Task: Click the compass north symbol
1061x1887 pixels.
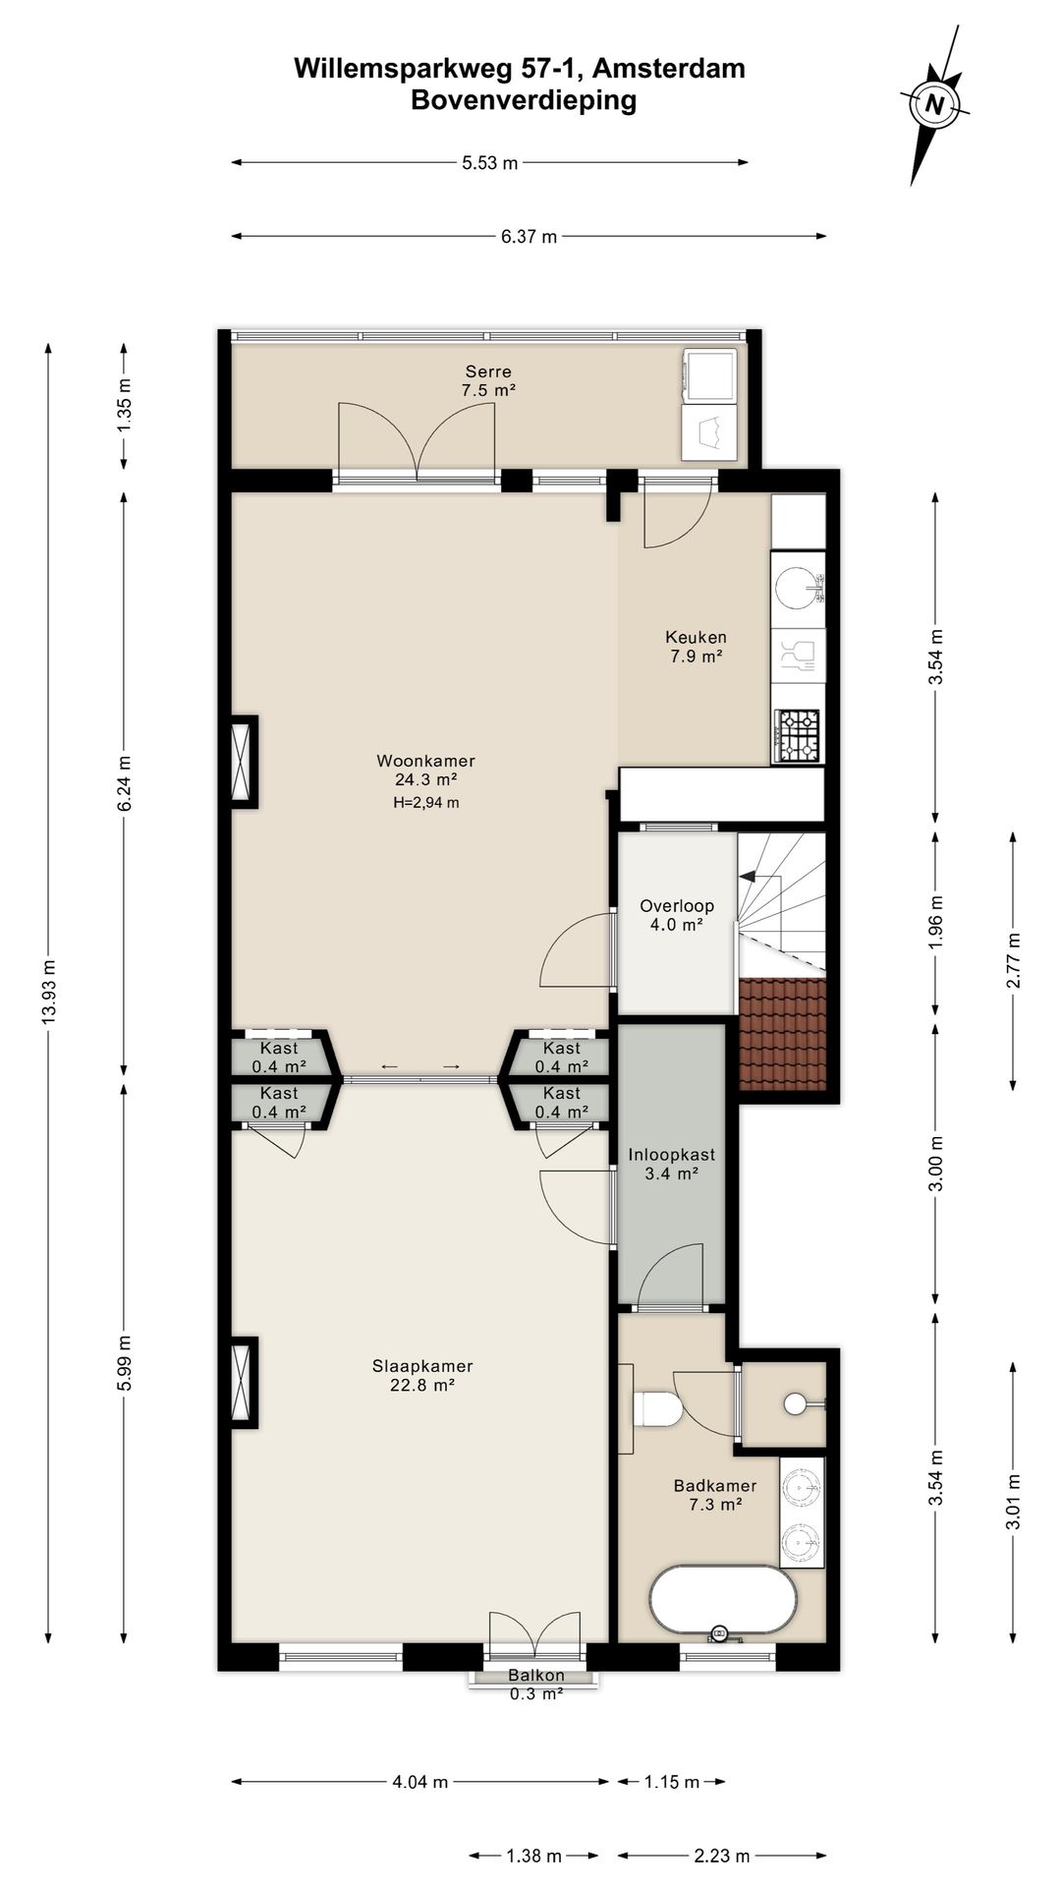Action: point(934,104)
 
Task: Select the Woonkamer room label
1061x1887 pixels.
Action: point(425,761)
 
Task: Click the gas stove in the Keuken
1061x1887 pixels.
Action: point(798,735)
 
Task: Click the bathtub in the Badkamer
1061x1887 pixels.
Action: point(723,1601)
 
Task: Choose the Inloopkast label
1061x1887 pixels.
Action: point(671,1155)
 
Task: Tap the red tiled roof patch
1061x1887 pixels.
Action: point(782,1034)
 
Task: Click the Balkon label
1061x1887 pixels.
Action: point(536,1676)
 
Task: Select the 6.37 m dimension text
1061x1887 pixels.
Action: point(529,236)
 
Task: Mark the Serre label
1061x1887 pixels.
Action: point(488,372)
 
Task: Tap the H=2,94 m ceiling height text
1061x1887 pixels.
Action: point(425,802)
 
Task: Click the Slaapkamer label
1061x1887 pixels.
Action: point(422,1366)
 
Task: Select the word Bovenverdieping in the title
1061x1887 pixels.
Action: point(524,100)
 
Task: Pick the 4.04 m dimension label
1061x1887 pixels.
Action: point(419,1782)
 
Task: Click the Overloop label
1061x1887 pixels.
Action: point(677,906)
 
